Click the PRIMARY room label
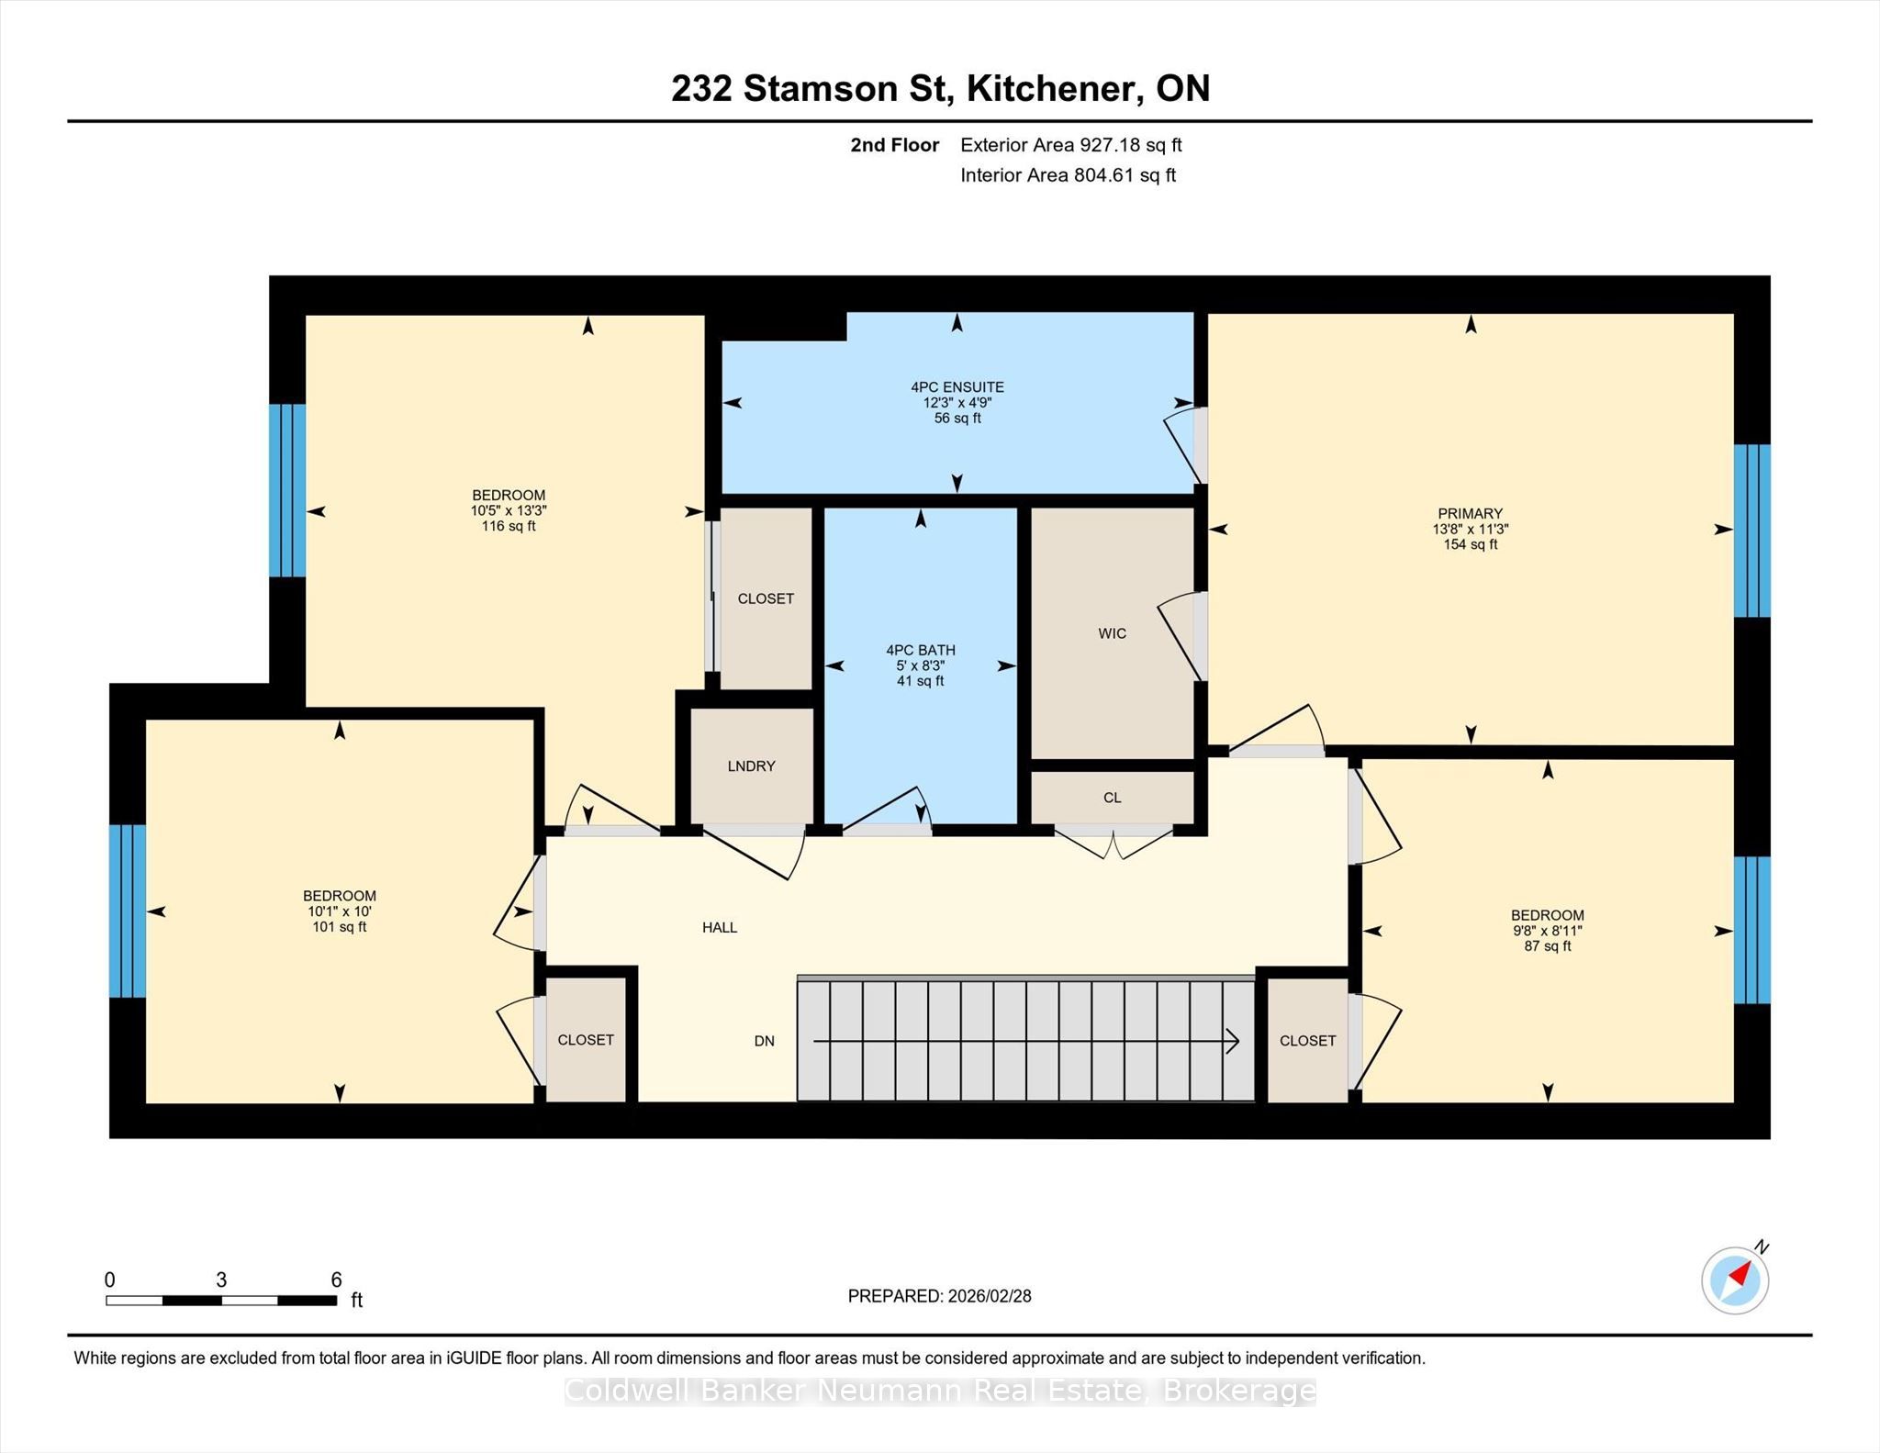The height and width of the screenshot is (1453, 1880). point(1470,513)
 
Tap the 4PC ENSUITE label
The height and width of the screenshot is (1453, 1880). point(957,387)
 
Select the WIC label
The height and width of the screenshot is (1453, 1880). point(1112,633)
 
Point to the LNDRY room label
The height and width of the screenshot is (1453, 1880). point(751,766)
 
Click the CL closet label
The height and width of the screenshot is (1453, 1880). point(1112,798)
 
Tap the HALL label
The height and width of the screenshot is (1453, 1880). point(720,928)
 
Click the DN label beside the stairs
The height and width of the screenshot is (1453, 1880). point(765,1041)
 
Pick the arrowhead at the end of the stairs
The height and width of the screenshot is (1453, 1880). point(1233,1041)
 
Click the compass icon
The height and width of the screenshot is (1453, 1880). point(1735,1280)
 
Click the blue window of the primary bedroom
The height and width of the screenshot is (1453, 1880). point(1751,531)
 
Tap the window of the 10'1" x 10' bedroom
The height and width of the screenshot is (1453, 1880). point(128,911)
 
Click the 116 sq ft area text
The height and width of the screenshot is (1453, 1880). point(509,527)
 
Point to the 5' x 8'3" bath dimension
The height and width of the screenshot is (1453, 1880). point(920,665)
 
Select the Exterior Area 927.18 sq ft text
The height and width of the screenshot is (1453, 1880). point(1071,145)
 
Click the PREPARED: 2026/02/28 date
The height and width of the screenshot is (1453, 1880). point(939,1296)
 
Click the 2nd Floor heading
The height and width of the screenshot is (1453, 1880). point(894,145)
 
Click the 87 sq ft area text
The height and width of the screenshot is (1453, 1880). point(1548,946)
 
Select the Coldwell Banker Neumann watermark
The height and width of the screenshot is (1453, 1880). point(940,1392)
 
